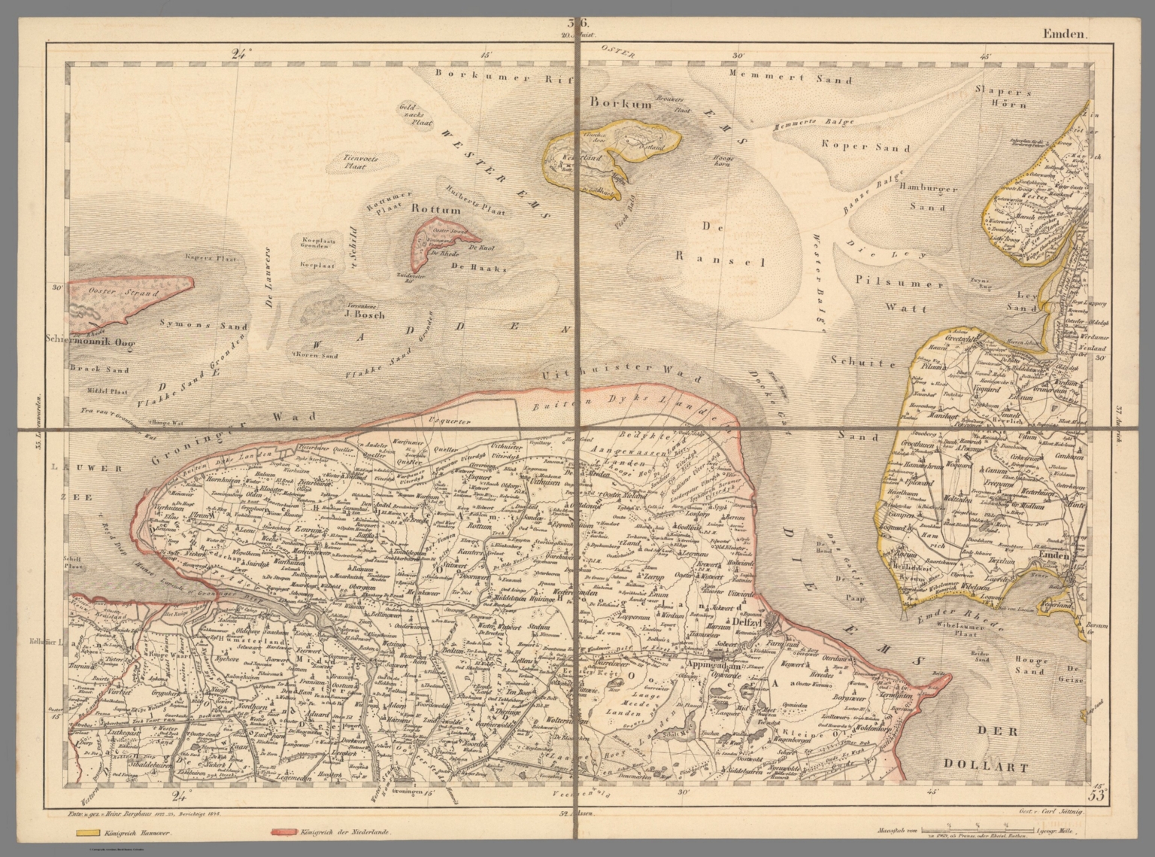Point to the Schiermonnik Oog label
tap(90, 342)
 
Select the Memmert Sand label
tap(790, 79)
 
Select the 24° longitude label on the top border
tap(241, 53)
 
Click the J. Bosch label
tap(365, 315)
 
